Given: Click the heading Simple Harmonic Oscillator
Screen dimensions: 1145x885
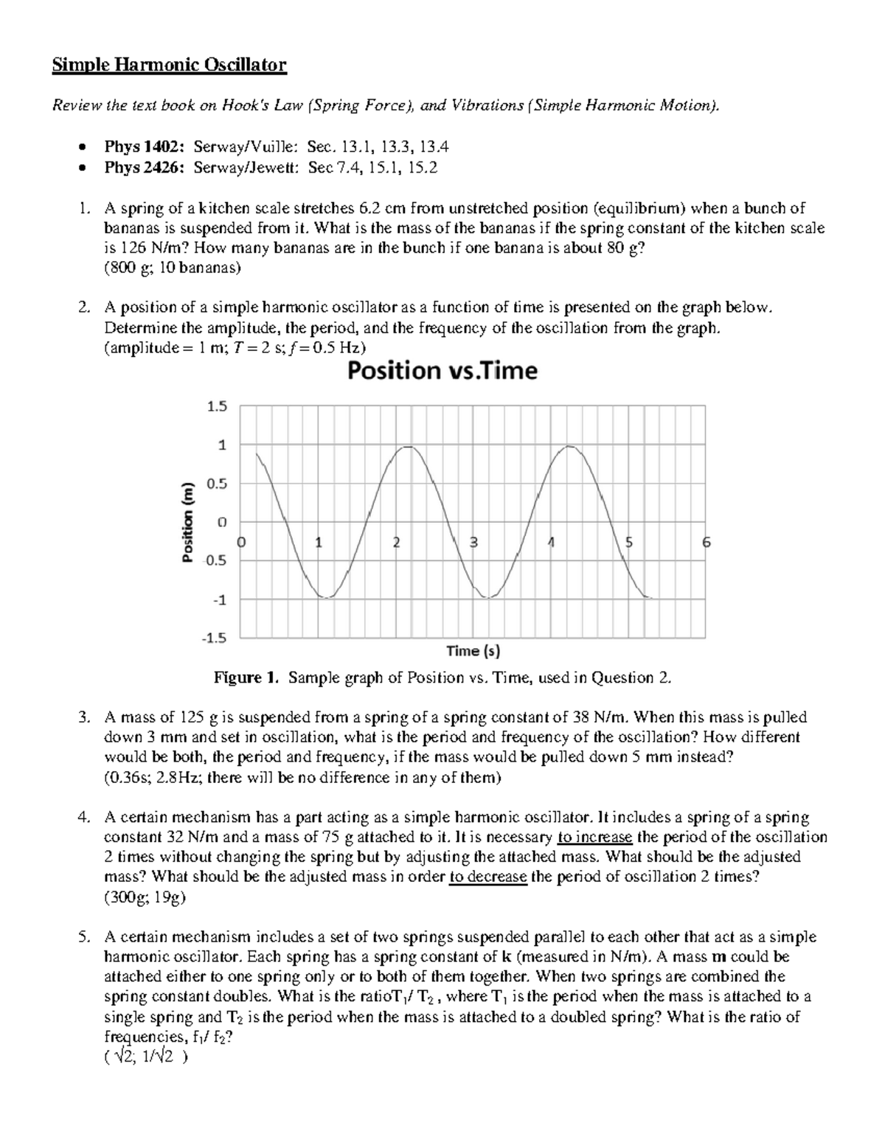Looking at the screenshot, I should pyautogui.click(x=168, y=66).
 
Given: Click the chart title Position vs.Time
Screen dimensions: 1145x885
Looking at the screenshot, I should pyautogui.click(x=442, y=370).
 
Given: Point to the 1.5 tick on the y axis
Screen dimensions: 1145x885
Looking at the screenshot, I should pyautogui.click(x=218, y=406).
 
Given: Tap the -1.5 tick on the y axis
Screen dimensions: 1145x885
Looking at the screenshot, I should pyautogui.click(x=215, y=638).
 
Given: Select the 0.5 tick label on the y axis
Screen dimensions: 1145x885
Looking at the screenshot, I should pyautogui.click(x=218, y=484).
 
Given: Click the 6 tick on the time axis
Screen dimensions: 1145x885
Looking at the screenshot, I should pyautogui.click(x=706, y=543).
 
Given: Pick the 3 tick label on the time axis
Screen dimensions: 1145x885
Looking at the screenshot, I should pyautogui.click(x=474, y=543).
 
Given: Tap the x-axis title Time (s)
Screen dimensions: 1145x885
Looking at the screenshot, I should pyautogui.click(x=473, y=651).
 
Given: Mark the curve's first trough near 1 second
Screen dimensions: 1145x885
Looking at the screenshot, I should pyautogui.click(x=324, y=597).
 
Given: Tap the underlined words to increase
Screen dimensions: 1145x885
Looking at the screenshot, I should pyautogui.click(x=595, y=837).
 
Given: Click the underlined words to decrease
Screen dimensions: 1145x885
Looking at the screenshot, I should pyautogui.click(x=487, y=877).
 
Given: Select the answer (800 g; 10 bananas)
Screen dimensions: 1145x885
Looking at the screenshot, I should pyautogui.click(x=173, y=268).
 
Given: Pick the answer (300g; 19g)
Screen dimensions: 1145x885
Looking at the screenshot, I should pyautogui.click(x=146, y=897).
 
